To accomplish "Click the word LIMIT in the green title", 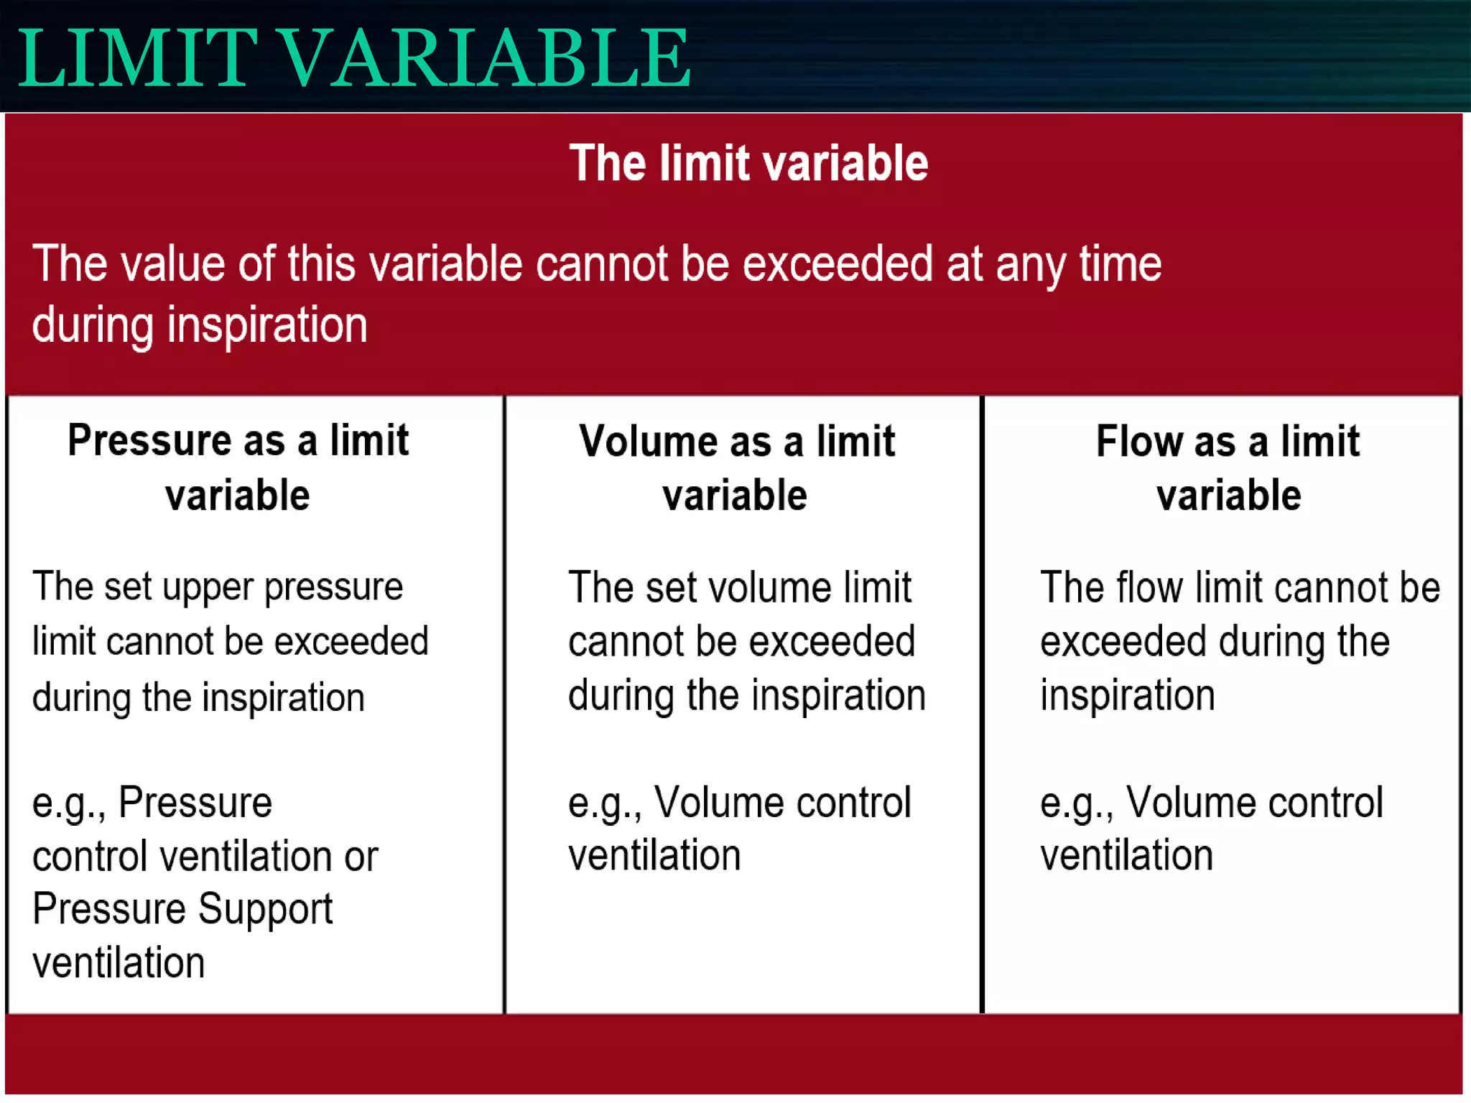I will [x=136, y=59].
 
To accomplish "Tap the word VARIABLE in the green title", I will [x=484, y=59].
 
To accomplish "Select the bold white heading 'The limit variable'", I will [x=748, y=163].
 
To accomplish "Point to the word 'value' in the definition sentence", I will [x=172, y=264].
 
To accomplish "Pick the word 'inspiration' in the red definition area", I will [x=267, y=325].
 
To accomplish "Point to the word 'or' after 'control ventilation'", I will [x=361, y=857].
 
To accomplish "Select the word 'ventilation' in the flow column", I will [x=1126, y=855].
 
